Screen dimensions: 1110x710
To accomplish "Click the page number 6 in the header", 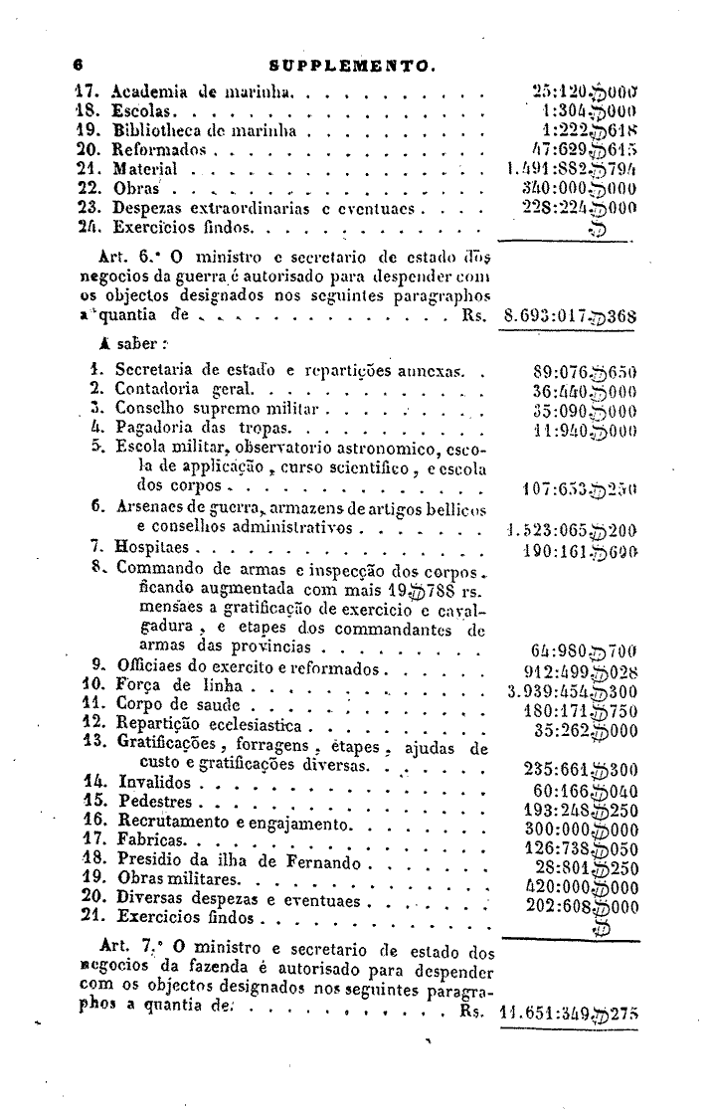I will [x=76, y=66].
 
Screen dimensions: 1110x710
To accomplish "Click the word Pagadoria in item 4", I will [x=152, y=429].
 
